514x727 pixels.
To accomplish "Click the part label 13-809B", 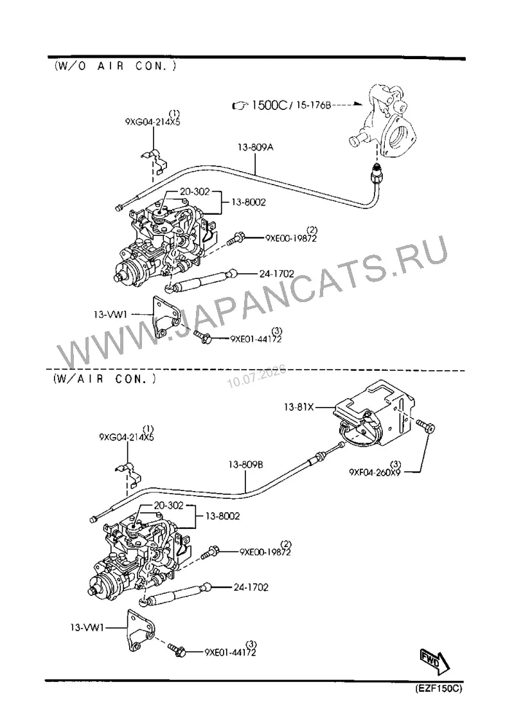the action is pos(245,464).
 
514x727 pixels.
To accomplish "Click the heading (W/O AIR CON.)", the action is pos(116,66).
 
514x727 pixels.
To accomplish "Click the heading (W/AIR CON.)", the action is pos(105,379).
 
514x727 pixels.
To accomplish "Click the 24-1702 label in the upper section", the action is pos(277,274).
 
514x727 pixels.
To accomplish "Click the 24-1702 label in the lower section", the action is pos(251,587).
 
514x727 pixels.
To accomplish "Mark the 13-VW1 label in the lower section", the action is pos(87,628).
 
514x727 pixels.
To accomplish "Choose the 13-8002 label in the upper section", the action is pos(249,202).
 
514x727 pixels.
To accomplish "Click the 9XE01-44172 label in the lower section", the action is pos(230,652).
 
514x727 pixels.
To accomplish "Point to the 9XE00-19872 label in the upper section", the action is pos(291,238).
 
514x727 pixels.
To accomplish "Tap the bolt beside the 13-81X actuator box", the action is pos(425,426).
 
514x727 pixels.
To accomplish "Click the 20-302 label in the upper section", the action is pos(195,192).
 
